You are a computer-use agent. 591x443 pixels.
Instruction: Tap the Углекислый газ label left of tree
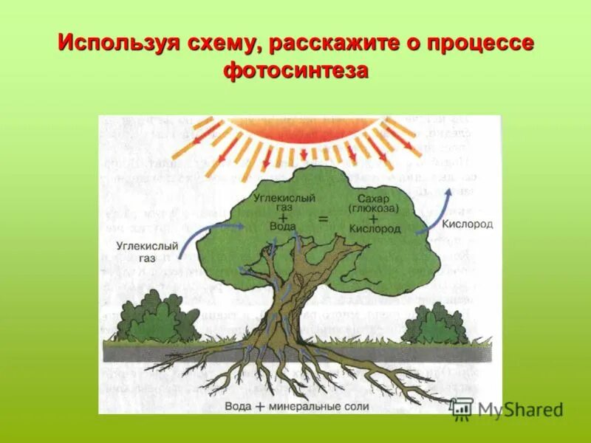pos(147,252)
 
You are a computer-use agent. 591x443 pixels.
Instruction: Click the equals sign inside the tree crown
pos(322,219)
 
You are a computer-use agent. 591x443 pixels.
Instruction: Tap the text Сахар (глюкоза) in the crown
pos(373,204)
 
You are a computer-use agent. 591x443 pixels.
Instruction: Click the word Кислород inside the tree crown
pos(375,229)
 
